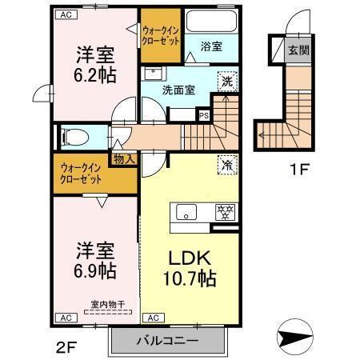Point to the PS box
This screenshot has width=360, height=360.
[x=204, y=114]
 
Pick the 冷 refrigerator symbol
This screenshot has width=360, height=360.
[x=227, y=165]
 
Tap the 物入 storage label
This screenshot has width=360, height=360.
[x=124, y=160]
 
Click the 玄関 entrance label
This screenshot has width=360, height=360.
[x=298, y=50]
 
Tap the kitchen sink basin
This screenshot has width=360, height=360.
[x=186, y=212]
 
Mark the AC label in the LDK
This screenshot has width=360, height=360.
[x=154, y=318]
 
